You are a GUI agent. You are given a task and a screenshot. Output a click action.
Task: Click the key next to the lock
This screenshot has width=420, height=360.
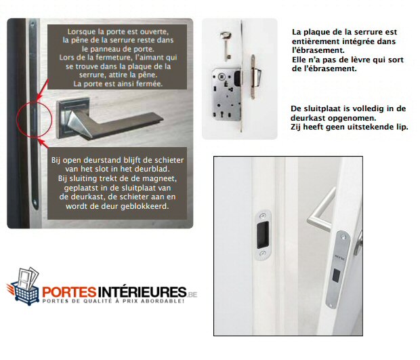226,45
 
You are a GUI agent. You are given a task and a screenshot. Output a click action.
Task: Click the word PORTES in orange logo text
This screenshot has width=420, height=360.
69,292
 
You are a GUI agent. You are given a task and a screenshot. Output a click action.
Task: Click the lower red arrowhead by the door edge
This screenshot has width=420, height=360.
41,141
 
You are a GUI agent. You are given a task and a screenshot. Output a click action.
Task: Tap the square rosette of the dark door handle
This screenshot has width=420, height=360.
73,118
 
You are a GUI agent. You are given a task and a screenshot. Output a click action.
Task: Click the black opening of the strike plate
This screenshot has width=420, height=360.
263,235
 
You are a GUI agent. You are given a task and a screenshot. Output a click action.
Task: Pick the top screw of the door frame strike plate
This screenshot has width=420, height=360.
262,215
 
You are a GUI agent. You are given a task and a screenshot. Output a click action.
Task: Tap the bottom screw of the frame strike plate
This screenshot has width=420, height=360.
263,253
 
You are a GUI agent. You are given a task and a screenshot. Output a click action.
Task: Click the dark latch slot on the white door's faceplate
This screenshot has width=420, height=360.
336,275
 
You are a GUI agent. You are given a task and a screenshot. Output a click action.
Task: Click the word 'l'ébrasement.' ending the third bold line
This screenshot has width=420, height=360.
318,50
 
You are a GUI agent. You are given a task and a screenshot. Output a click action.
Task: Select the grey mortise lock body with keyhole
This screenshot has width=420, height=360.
226,94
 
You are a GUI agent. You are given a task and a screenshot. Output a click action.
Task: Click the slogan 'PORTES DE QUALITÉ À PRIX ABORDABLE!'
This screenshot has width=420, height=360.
113,301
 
